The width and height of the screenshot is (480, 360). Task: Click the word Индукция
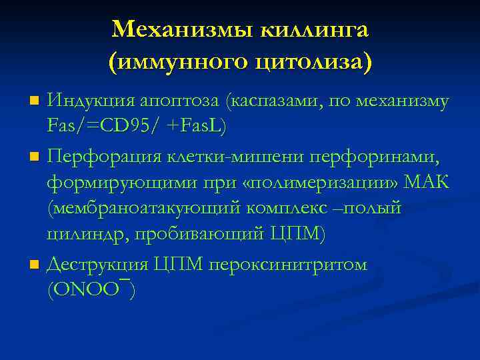point(90,102)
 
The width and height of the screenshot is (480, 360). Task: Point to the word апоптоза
point(181,102)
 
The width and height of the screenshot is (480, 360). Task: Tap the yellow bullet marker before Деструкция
point(35,265)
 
